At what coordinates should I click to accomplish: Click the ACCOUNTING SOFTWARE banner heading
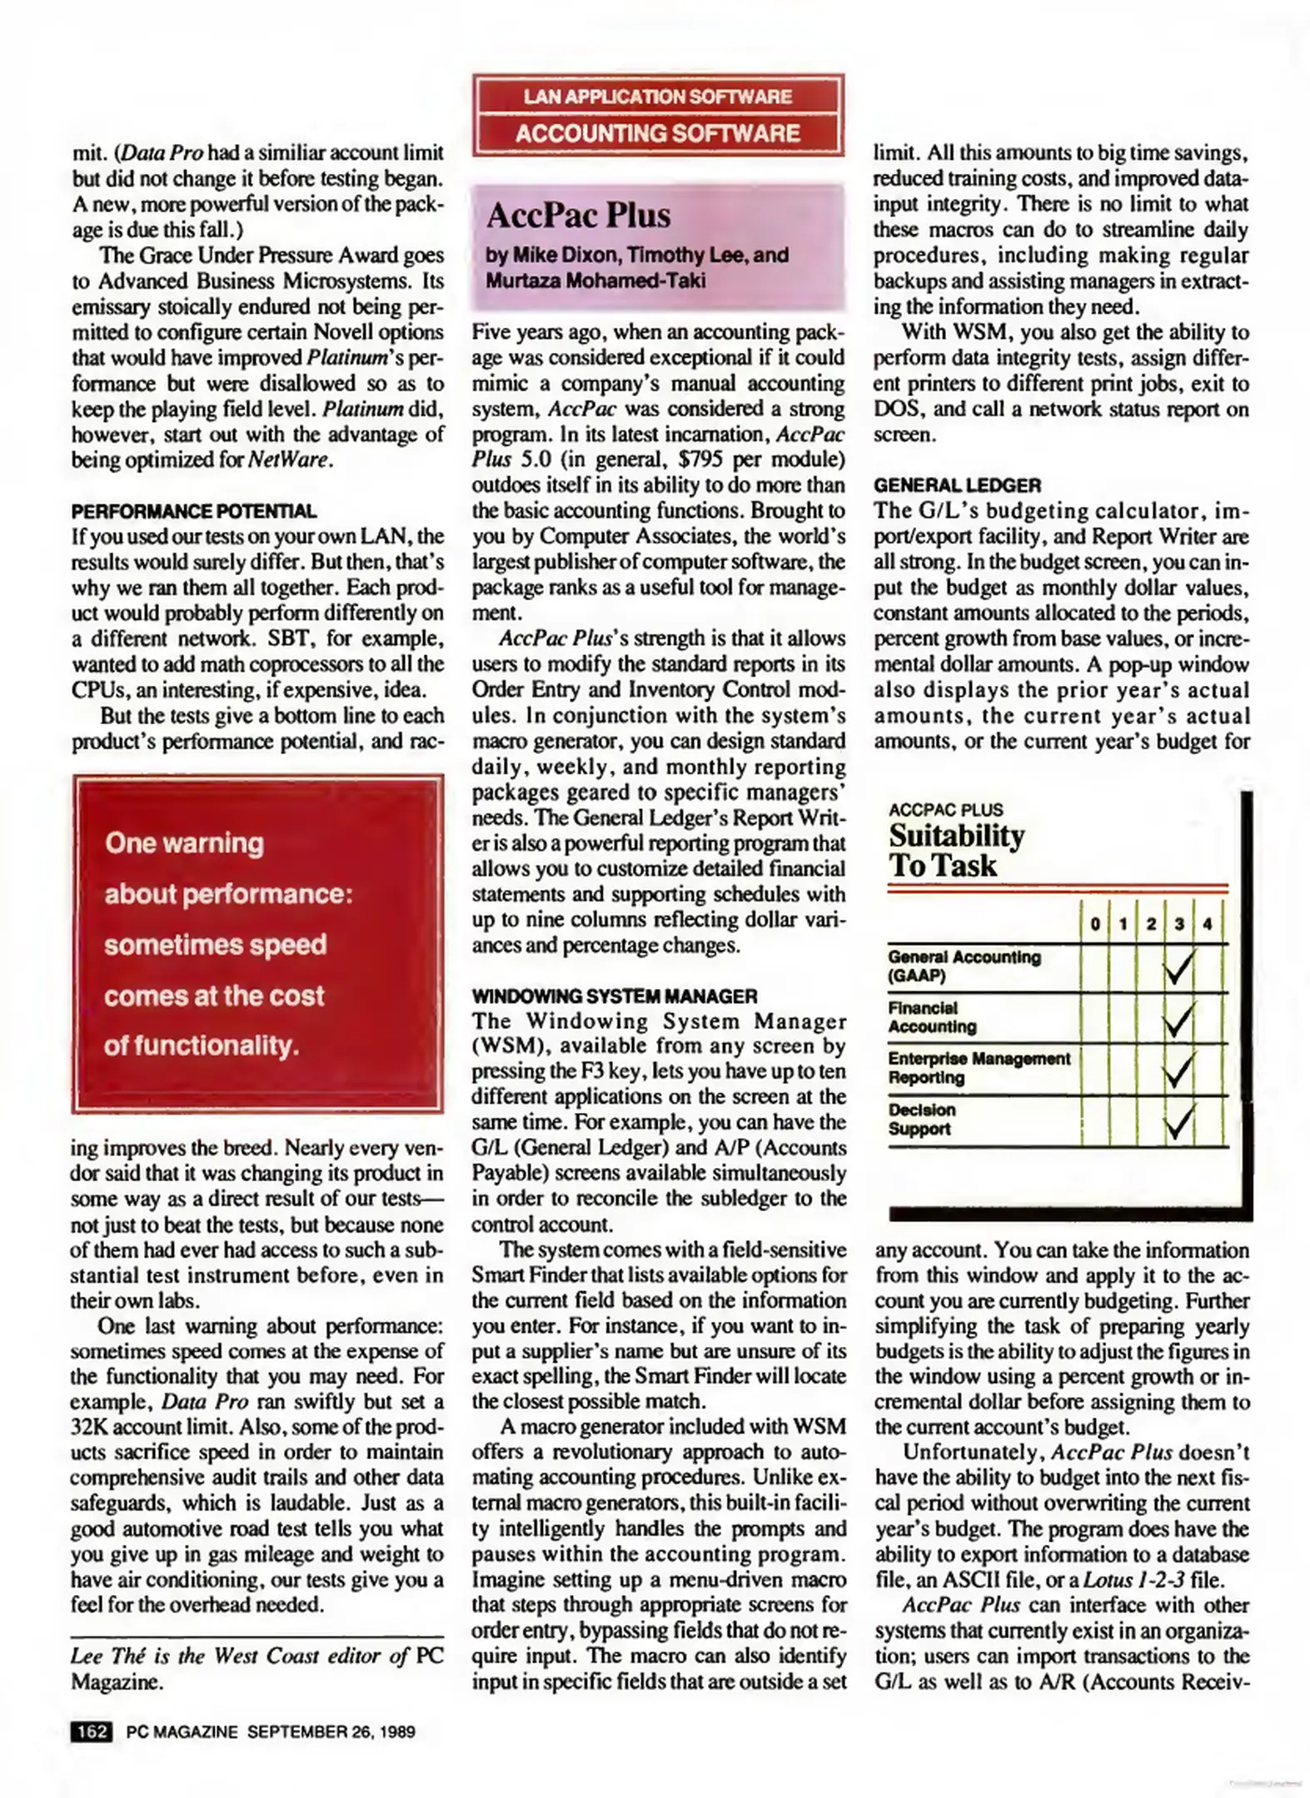657,133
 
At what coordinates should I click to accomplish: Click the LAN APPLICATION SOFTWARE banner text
657,97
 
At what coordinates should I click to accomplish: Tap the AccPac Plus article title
578,216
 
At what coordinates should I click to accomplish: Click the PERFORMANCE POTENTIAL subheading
193,511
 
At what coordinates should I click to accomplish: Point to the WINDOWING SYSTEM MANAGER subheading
614,996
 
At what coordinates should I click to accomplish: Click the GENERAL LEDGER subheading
957,485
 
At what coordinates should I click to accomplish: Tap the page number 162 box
92,1731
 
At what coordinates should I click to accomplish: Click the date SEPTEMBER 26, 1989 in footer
331,1731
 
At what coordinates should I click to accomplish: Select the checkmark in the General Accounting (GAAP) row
1178,967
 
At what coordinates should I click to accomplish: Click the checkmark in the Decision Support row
1178,1120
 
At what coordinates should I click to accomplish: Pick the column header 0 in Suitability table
1094,924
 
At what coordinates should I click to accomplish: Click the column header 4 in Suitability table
1207,924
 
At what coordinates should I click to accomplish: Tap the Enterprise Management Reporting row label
978,1068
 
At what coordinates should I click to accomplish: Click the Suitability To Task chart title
955,850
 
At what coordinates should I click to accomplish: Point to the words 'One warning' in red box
184,842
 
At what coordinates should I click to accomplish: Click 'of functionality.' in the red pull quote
201,1046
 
